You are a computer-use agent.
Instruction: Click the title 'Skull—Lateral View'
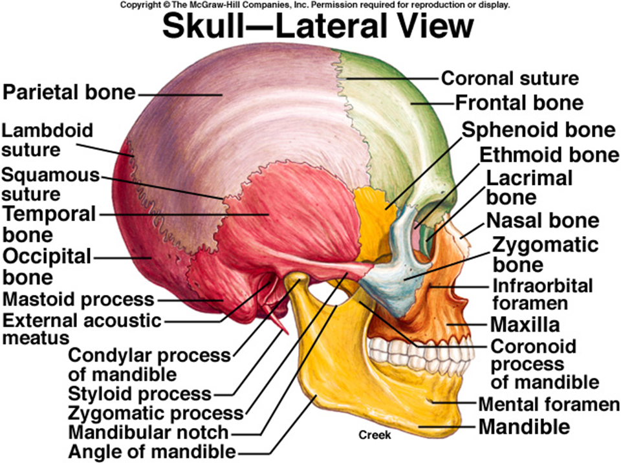tap(318, 28)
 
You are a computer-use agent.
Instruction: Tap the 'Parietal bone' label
tap(69, 92)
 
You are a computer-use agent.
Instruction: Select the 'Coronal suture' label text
tap(509, 79)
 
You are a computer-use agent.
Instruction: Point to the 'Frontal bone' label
tap(519, 103)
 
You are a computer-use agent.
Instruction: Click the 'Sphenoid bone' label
tap(538, 130)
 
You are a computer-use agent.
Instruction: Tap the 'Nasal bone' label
tap(543, 221)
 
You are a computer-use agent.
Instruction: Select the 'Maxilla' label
tap(524, 323)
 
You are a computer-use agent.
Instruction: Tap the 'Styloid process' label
tap(140, 393)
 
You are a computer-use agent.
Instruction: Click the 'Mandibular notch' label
tap(148, 431)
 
